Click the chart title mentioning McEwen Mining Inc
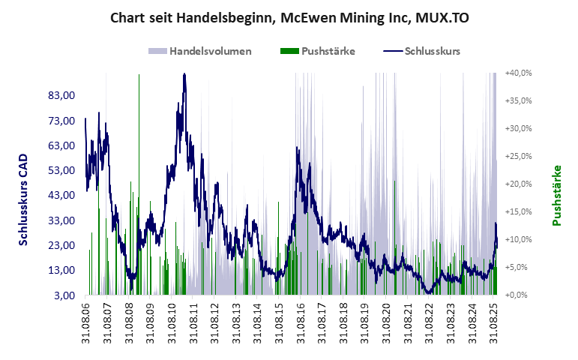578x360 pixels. pos(289,17)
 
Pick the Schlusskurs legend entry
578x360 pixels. pos(432,51)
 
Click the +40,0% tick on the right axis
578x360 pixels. pos(519,73)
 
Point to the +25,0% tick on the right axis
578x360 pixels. pos(519,156)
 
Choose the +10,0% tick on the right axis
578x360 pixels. pos(519,239)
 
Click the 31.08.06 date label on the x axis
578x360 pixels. pos(85,321)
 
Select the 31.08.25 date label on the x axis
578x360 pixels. pos(494,321)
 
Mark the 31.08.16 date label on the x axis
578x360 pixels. pos(301,321)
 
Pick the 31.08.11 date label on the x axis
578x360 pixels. pos(193,321)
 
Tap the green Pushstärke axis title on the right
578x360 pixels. pos(556,195)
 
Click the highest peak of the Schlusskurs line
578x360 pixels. pos(184,73)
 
